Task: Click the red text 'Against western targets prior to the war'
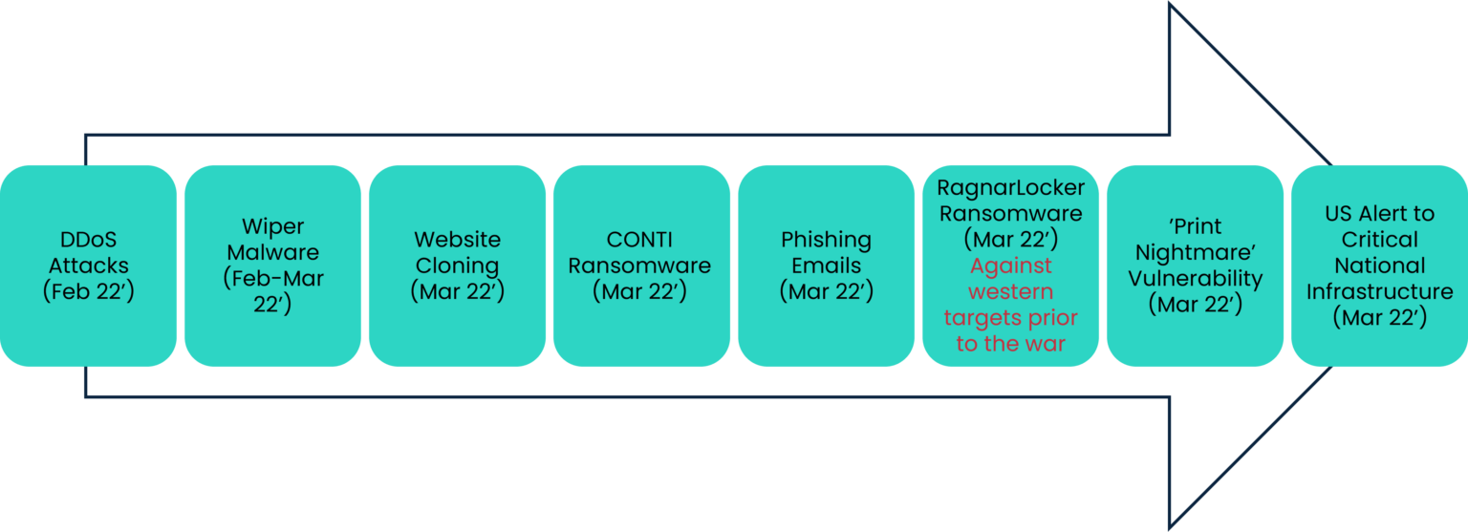coord(1010,305)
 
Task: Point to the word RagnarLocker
coord(1010,188)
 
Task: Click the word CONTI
coord(639,240)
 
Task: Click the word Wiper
coord(272,227)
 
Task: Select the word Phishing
coord(826,240)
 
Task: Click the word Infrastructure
coord(1379,291)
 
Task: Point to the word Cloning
coord(457,266)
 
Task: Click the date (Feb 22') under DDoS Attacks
coord(88,291)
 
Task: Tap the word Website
coord(457,240)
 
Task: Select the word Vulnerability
coord(1195,279)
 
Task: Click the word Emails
coord(826,266)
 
